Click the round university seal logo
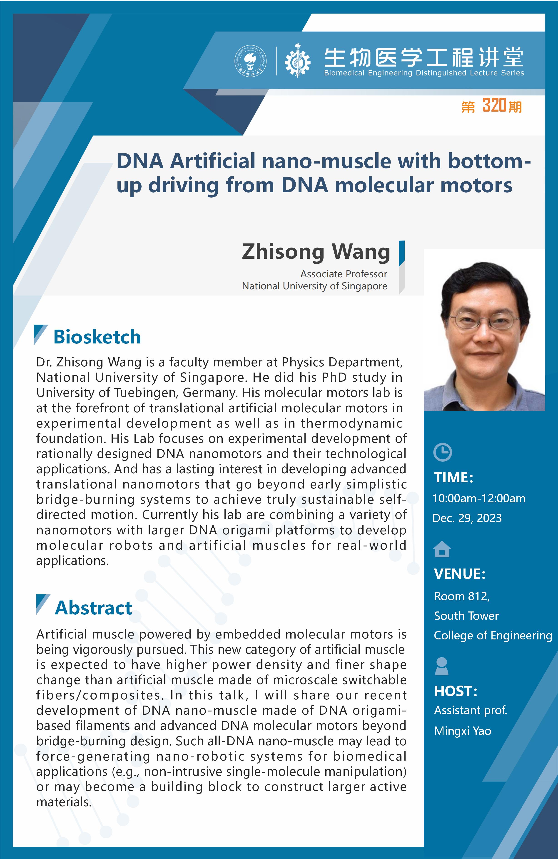(251, 61)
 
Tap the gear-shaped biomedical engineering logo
(297, 61)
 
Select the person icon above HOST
(442, 666)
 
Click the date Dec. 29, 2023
(467, 518)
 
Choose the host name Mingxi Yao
(463, 731)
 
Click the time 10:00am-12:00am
(479, 498)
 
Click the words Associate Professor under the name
(344, 274)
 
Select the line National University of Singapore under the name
(314, 286)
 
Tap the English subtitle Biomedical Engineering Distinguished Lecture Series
(424, 73)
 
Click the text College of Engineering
(493, 636)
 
